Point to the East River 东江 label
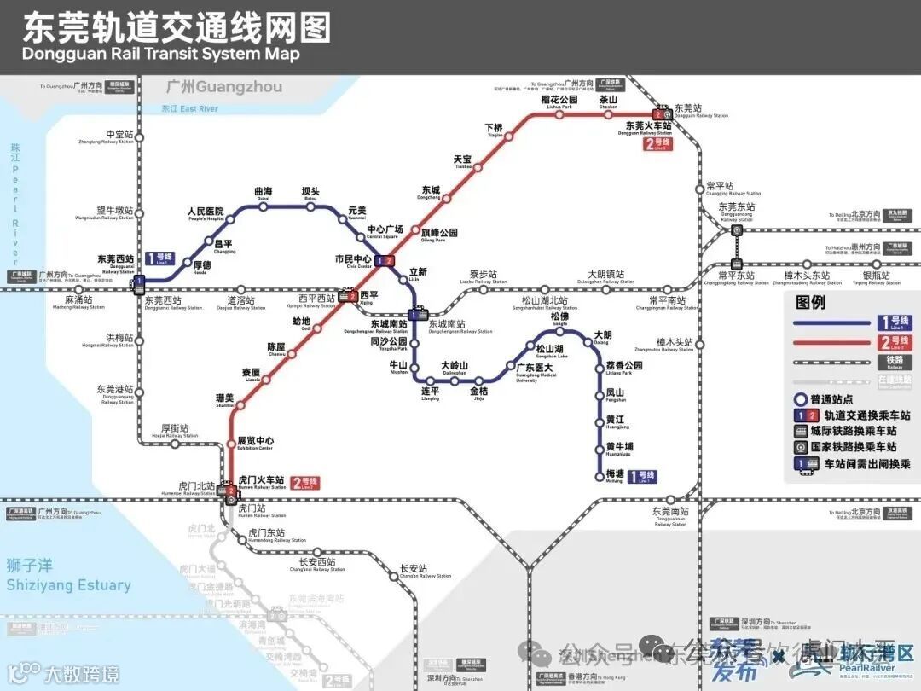pos(189,109)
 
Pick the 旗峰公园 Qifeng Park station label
pos(440,234)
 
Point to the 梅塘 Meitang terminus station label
pos(614,475)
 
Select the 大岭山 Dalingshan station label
pos(454,368)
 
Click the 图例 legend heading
pos(810,302)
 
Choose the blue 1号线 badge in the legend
pos(894,323)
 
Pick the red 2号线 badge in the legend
pos(894,343)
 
